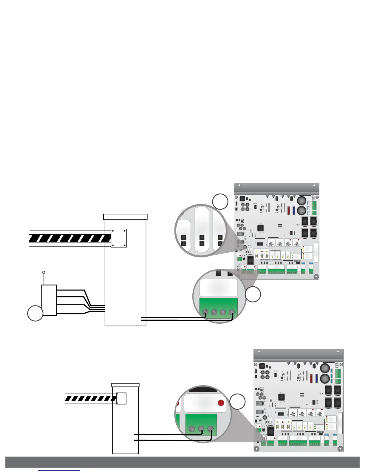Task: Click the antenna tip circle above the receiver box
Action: click(x=44, y=272)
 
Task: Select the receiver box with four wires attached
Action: click(x=49, y=300)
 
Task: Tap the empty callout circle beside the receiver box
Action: click(x=35, y=313)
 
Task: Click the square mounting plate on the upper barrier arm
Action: click(x=119, y=238)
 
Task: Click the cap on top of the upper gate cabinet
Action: click(x=125, y=217)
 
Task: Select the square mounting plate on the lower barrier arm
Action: click(x=121, y=398)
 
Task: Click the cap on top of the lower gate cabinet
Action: click(x=125, y=385)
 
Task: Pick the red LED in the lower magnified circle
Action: click(x=221, y=403)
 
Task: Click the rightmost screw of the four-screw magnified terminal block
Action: click(x=231, y=312)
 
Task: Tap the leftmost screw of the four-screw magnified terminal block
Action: click(x=205, y=312)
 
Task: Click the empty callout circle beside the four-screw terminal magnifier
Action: click(x=253, y=294)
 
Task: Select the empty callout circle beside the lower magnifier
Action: click(x=237, y=402)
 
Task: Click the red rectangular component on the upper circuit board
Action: click(x=289, y=211)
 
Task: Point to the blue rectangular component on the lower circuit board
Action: click(x=316, y=378)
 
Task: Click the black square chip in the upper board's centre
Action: click(x=261, y=228)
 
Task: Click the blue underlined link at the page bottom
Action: click(x=59, y=471)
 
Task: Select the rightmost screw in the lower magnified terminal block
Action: click(x=210, y=429)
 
